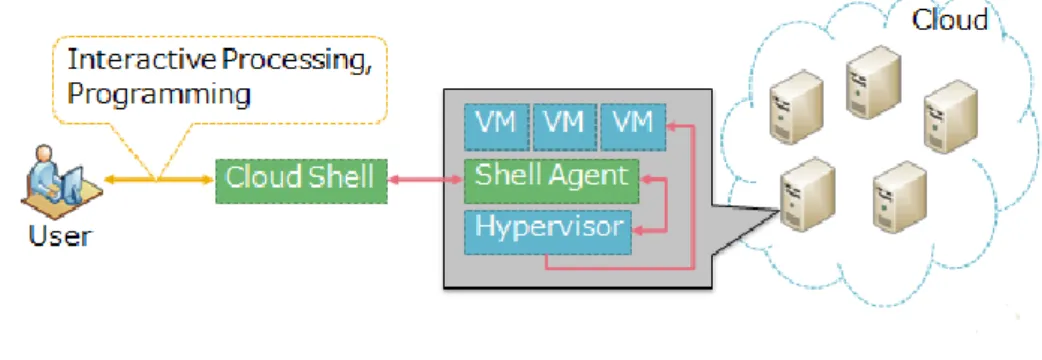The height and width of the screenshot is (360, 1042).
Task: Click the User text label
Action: click(x=60, y=235)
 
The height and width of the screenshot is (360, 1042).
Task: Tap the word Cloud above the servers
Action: click(x=950, y=20)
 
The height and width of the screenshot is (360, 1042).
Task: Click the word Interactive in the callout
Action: click(x=142, y=60)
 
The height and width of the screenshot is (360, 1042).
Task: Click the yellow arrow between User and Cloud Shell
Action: click(x=159, y=179)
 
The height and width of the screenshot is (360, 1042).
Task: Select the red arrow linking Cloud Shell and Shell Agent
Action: click(x=425, y=179)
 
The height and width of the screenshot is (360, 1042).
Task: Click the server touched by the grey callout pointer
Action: click(x=807, y=194)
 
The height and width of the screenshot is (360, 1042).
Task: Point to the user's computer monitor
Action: click(x=71, y=183)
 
